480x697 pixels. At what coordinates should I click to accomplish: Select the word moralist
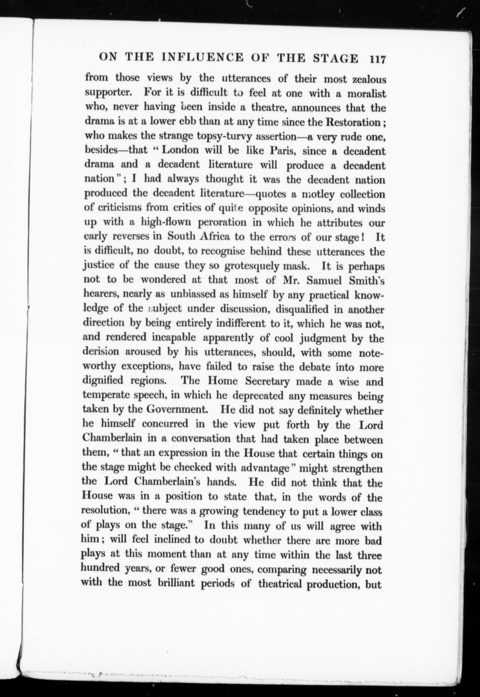coord(366,94)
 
